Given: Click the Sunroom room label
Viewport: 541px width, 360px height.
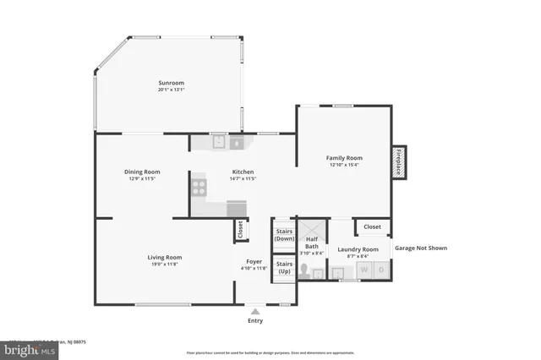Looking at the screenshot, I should pyautogui.click(x=171, y=83).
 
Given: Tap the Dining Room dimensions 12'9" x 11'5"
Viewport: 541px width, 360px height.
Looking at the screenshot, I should pyautogui.click(x=144, y=179).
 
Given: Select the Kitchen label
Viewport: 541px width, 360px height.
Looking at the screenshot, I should pyautogui.click(x=243, y=172).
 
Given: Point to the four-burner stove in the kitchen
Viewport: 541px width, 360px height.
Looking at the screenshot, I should pyautogui.click(x=199, y=187).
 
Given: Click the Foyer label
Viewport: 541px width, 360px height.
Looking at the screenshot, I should pyautogui.click(x=254, y=261).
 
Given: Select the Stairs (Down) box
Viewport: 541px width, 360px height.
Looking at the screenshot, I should pyautogui.click(x=284, y=234).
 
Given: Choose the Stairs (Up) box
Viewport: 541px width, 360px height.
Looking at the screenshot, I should pyautogui.click(x=284, y=268).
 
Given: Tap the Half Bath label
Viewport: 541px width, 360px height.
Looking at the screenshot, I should pyautogui.click(x=311, y=243).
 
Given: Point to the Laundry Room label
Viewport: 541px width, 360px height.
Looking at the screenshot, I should pyautogui.click(x=358, y=249).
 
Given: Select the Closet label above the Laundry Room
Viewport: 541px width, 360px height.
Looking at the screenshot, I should pyautogui.click(x=372, y=226).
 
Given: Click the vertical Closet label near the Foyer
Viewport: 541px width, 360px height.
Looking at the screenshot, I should pyautogui.click(x=240, y=230).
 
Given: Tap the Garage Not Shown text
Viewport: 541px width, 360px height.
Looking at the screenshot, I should pyautogui.click(x=420, y=248).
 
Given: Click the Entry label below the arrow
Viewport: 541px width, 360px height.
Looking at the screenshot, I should pyautogui.click(x=255, y=320).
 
